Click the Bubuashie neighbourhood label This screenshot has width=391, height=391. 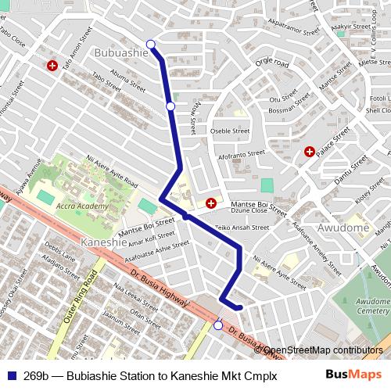[x=120, y=52]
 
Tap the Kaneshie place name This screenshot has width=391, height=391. [x=103, y=242]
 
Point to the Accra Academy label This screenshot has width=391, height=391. [x=82, y=206]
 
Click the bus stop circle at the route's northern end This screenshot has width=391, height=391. [x=151, y=44]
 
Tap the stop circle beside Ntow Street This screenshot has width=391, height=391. [x=170, y=106]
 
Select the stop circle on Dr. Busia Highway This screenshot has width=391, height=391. [x=218, y=325]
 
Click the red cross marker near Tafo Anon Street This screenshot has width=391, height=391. [x=52, y=66]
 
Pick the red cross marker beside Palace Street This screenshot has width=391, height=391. [x=310, y=151]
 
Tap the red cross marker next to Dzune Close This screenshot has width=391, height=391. [x=211, y=204]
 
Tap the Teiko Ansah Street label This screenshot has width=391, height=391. [x=242, y=228]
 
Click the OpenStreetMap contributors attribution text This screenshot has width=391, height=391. [x=321, y=350]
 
